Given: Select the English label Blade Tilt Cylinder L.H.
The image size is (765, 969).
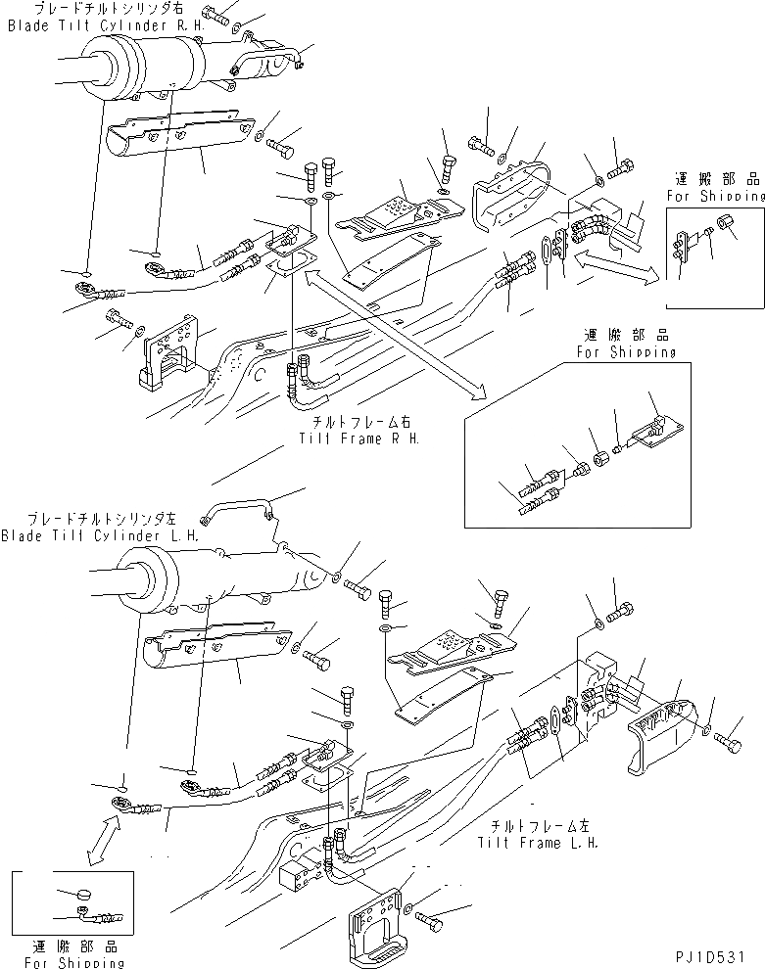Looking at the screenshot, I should click(100, 535).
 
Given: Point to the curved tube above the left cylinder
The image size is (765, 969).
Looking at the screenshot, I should click(240, 510).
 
